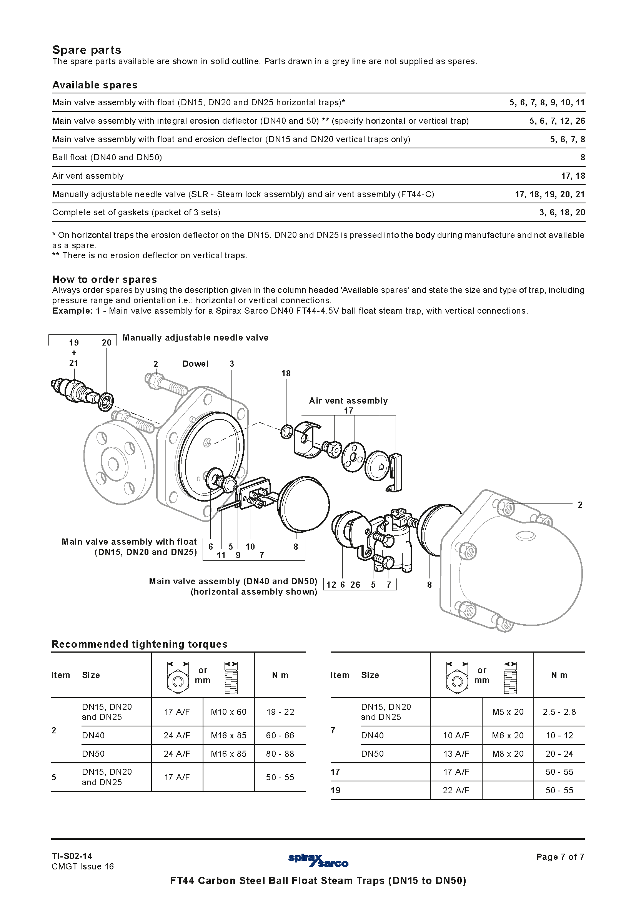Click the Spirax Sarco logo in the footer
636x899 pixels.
pos(318,860)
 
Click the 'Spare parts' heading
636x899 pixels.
pos(87,50)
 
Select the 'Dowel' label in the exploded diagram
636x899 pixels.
pos(195,364)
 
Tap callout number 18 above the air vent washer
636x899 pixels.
pos(286,374)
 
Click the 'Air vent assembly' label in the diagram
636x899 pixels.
pos(348,400)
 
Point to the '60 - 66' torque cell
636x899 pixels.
pos(280,735)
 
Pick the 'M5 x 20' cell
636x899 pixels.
pos(508,712)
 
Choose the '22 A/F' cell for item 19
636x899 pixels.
pos(456,790)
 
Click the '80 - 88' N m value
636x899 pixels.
pos(280,754)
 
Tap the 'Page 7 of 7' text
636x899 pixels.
pos(560,857)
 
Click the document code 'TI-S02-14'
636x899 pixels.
pos(72,856)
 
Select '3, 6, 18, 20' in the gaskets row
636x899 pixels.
pos(562,212)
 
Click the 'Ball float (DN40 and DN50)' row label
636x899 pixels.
pos(107,158)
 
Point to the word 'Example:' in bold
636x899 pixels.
pos(72,311)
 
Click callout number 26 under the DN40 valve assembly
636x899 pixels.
pos(355,585)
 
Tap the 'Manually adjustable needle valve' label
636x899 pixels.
pos(195,338)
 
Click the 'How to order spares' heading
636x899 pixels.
pos(104,279)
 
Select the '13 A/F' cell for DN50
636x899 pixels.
pos(456,754)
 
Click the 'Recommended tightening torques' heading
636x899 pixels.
pos(140,644)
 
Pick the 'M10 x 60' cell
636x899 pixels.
pos(228,712)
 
